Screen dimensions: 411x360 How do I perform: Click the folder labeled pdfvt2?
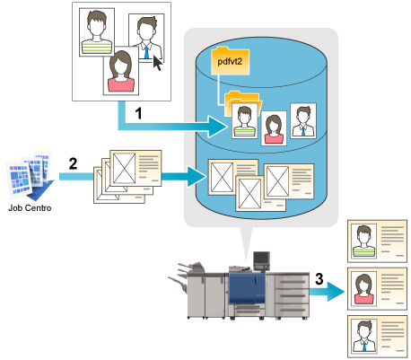[x=230, y=60]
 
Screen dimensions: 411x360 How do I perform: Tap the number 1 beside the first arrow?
[x=138, y=114]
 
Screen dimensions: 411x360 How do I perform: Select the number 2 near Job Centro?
[x=73, y=163]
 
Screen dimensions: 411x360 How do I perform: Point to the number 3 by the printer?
[x=319, y=278]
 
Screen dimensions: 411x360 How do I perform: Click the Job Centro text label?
[x=30, y=207]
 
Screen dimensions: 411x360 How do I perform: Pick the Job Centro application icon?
[x=30, y=175]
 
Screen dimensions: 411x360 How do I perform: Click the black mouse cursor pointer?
[x=158, y=63]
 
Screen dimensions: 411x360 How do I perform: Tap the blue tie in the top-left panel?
[x=146, y=51]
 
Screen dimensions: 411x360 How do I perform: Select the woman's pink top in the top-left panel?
[x=121, y=84]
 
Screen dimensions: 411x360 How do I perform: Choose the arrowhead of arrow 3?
[x=336, y=292]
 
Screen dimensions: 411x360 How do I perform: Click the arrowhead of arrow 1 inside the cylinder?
[x=217, y=127]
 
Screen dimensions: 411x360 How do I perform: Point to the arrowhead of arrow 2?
[x=197, y=177]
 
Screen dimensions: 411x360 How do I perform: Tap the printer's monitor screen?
[x=261, y=258]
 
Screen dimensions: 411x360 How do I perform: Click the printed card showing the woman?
[x=377, y=289]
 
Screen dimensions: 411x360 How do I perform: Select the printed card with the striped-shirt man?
[x=377, y=241]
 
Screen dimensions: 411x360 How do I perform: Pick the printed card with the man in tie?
[x=377, y=336]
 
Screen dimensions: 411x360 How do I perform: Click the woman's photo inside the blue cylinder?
[x=274, y=128]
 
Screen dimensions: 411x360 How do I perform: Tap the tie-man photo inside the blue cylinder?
[x=303, y=120]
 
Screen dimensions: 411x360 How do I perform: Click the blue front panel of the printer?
[x=247, y=288]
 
